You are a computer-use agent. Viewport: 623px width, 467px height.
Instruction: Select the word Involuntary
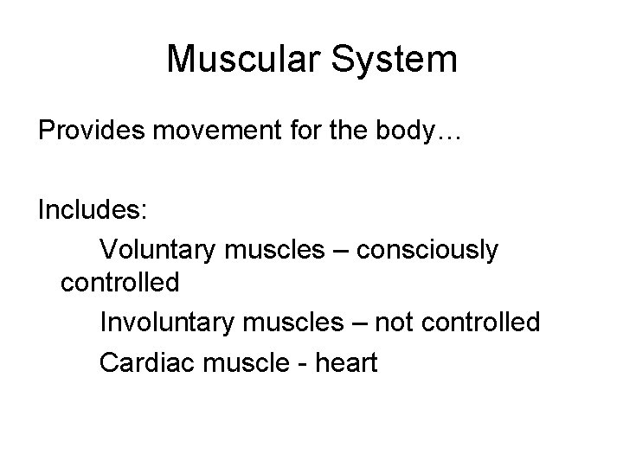tap(167, 323)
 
